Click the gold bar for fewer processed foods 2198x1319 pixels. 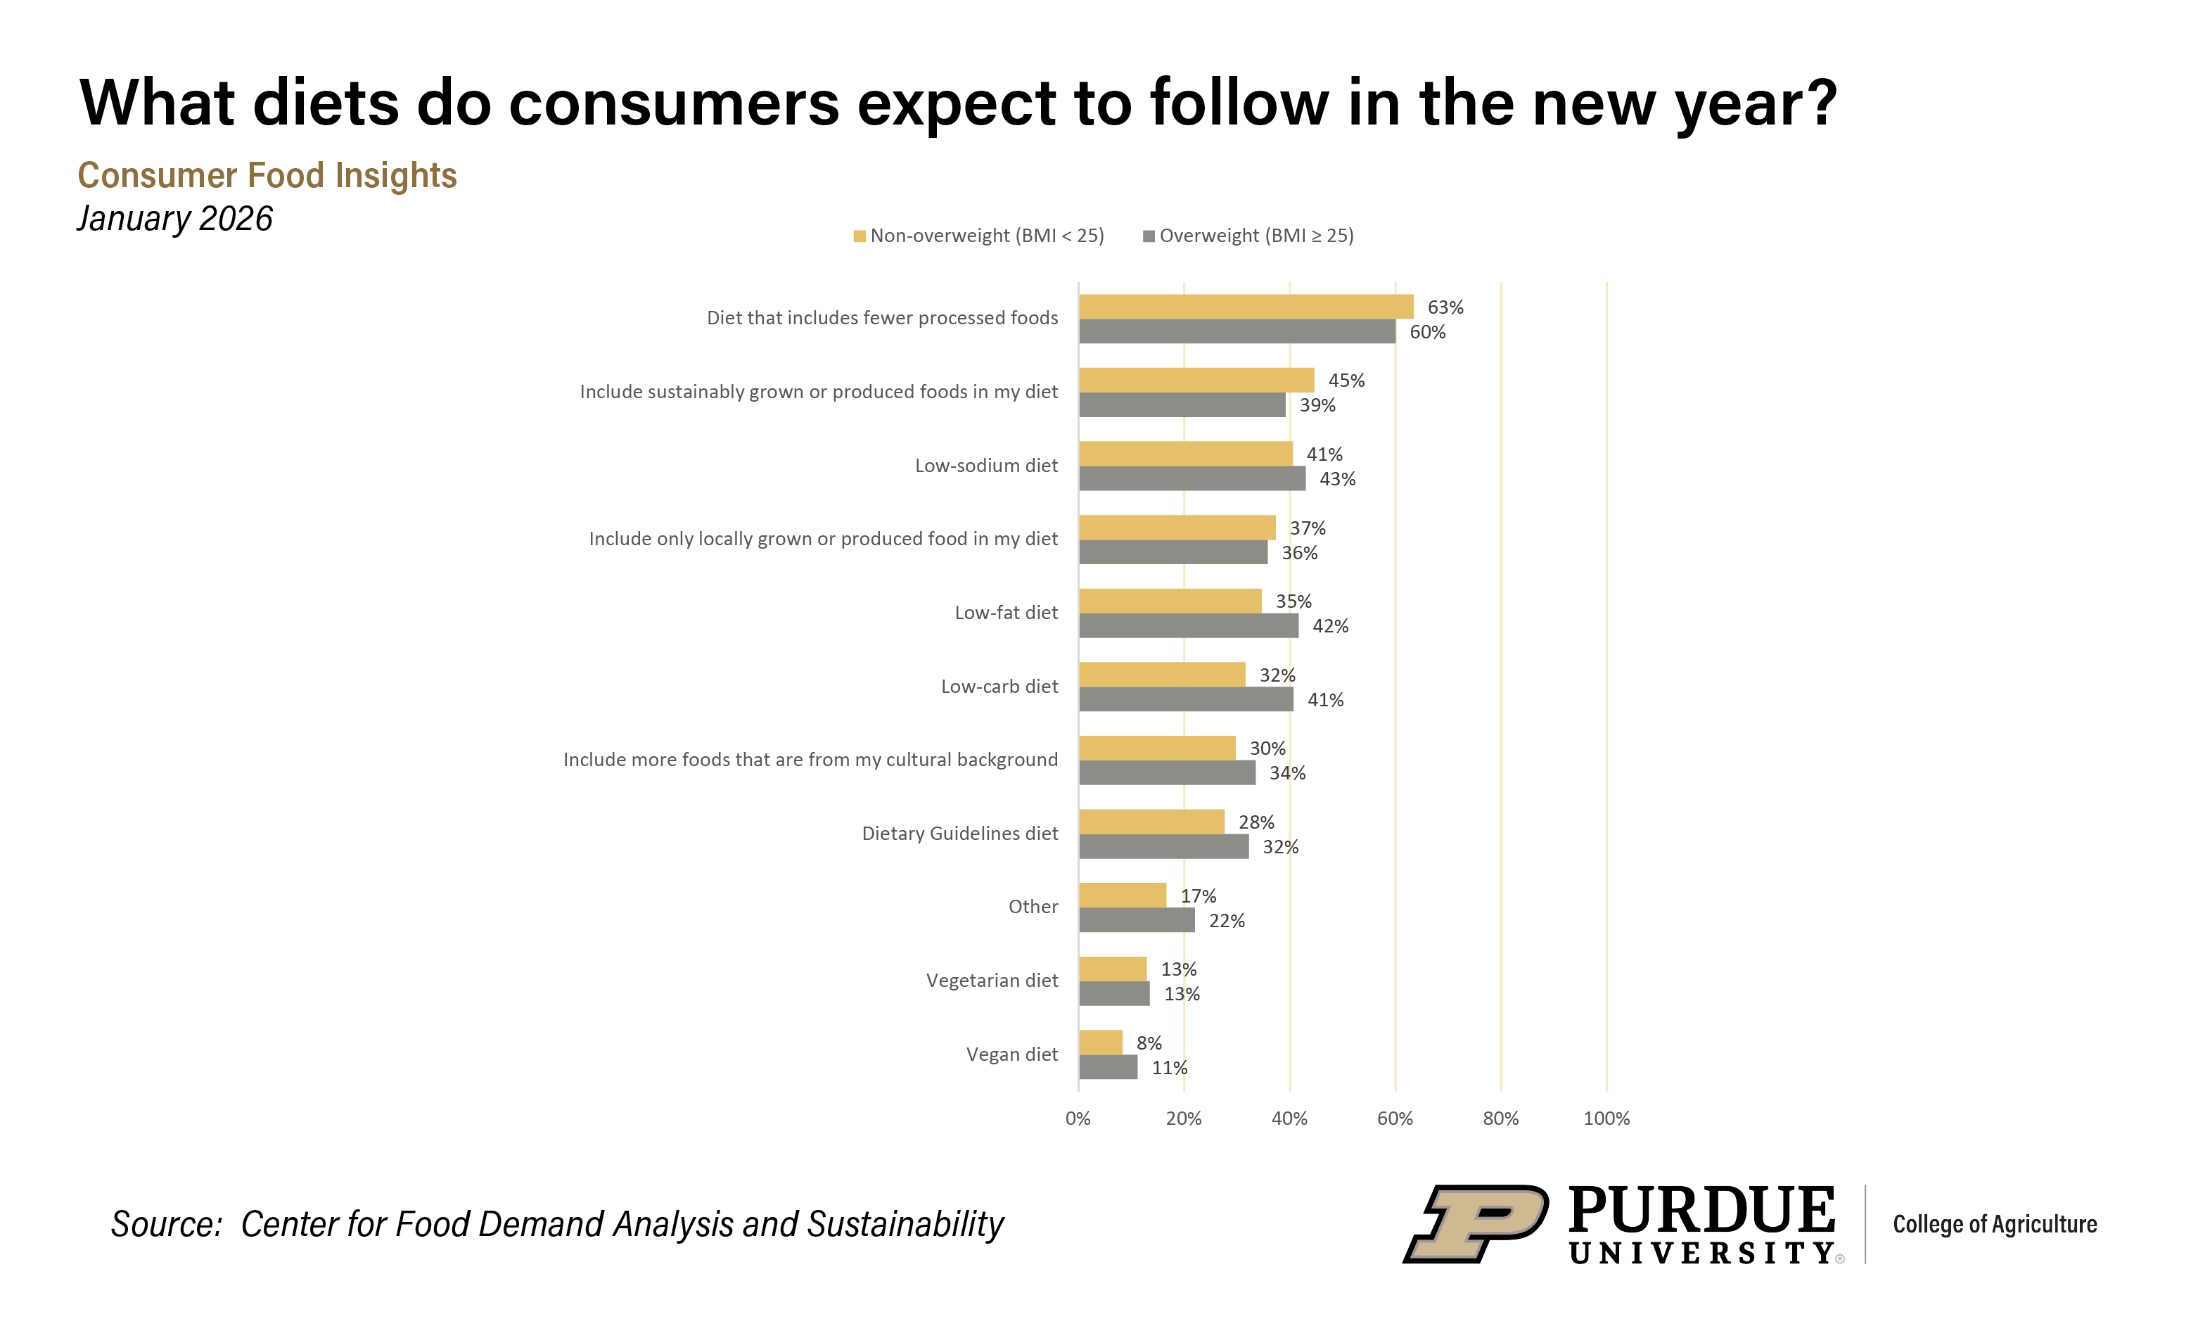point(1246,307)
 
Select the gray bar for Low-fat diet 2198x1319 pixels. point(1189,625)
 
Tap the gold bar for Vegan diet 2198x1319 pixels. point(1101,1043)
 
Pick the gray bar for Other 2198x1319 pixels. point(1137,921)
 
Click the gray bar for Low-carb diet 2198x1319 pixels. point(1186,699)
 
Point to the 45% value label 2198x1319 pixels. point(1346,381)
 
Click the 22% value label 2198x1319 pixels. point(1226,921)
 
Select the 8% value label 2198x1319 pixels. point(1149,1043)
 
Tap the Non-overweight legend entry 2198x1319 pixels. point(979,236)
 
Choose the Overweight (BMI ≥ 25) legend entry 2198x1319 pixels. point(1248,236)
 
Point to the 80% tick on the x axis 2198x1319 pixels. point(1500,1118)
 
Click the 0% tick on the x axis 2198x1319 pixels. point(1078,1118)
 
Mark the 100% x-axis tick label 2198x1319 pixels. point(1606,1118)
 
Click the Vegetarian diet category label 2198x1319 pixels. point(992,981)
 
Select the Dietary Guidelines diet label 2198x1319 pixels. point(959,833)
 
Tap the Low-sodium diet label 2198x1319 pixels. point(986,465)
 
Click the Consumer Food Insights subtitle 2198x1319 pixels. point(267,175)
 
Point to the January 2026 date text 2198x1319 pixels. point(175,219)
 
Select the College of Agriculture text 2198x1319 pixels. point(1995,1224)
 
